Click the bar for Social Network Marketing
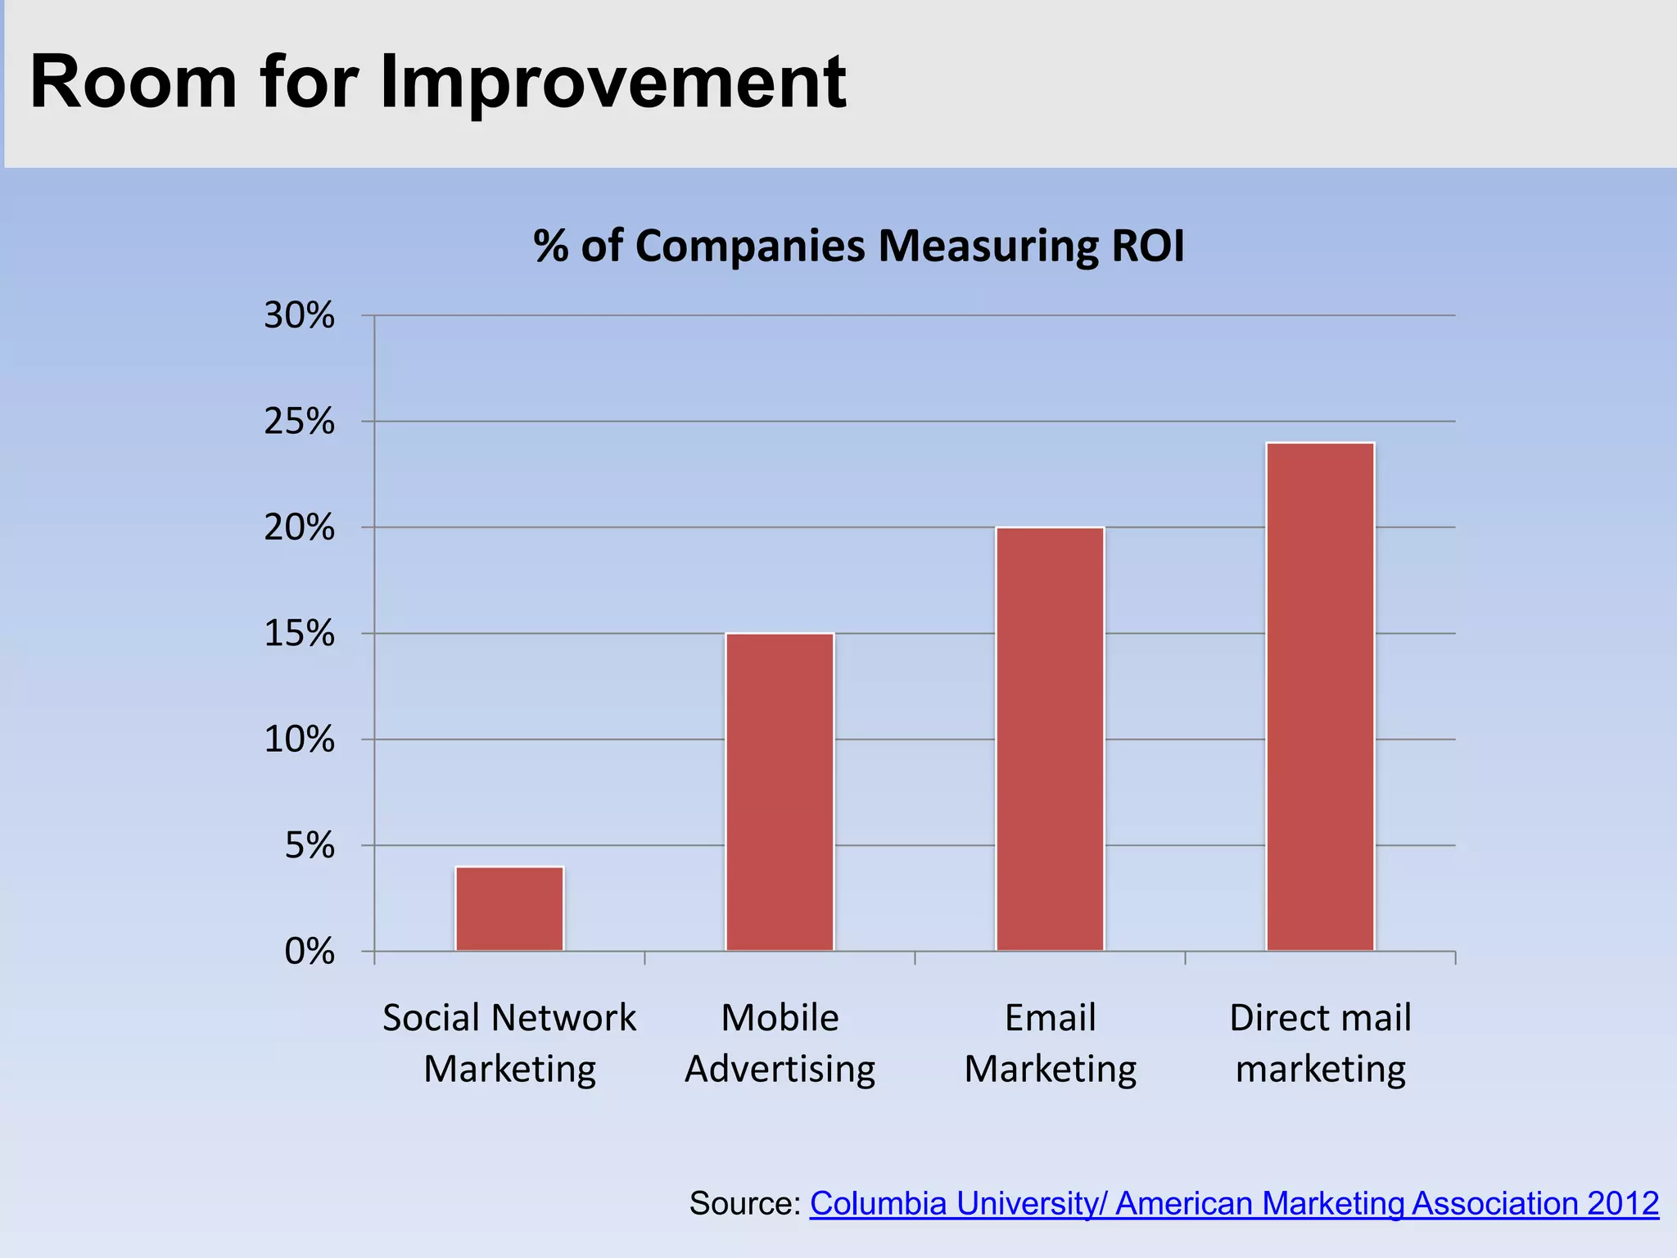(x=509, y=908)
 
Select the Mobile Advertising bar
(x=780, y=792)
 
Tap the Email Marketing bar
(x=1050, y=739)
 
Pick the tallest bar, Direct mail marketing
(x=1320, y=696)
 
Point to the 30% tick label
(x=299, y=315)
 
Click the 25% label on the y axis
(x=299, y=422)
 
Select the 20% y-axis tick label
(x=299, y=528)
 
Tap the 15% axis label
(x=299, y=634)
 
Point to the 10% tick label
(x=299, y=740)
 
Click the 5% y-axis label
(x=310, y=845)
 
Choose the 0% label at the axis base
(x=310, y=952)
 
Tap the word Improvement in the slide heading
(x=612, y=82)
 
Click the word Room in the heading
(x=133, y=82)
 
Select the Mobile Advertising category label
(x=780, y=1043)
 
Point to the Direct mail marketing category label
(x=1320, y=1043)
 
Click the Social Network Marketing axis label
(x=509, y=1043)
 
